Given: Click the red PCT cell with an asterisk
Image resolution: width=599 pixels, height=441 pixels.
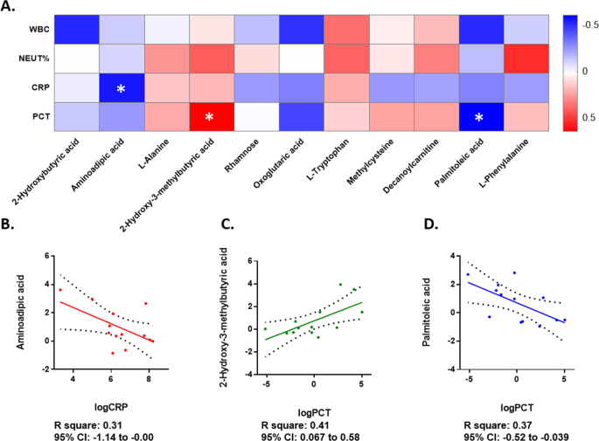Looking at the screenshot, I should click(x=210, y=118).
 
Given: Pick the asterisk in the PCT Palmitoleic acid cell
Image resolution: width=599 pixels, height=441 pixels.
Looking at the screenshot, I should click(x=477, y=118).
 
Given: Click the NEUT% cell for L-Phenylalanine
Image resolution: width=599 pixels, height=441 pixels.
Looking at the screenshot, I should click(x=522, y=59).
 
